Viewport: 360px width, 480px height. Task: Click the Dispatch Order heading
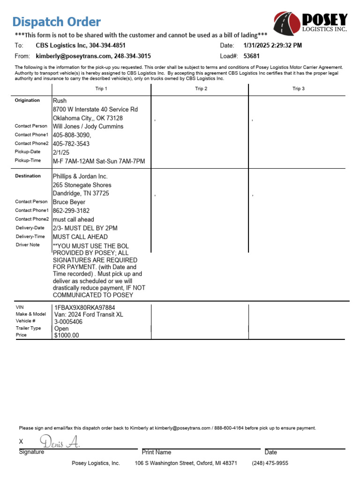[56, 22]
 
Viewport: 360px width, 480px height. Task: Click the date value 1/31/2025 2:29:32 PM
[273, 45]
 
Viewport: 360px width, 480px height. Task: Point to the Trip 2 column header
[201, 89]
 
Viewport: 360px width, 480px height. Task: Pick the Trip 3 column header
[298, 89]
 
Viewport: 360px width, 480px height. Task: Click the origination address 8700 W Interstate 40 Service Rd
[95, 109]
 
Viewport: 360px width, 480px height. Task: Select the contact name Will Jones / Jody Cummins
[88, 127]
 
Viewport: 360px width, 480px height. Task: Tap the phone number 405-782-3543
[71, 143]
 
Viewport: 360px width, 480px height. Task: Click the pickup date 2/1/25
[61, 152]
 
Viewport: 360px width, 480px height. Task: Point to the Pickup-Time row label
[28, 161]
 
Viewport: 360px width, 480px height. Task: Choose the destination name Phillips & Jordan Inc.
[80, 176]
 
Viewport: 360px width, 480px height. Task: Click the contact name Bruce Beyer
[69, 202]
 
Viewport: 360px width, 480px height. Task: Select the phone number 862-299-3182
[71, 210]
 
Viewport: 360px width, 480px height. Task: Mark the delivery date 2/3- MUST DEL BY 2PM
[85, 228]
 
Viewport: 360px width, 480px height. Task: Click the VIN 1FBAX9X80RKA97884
[85, 307]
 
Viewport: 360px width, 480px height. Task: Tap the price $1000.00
[67, 335]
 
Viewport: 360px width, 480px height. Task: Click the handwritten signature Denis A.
[60, 441]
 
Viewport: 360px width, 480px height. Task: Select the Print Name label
[157, 452]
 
